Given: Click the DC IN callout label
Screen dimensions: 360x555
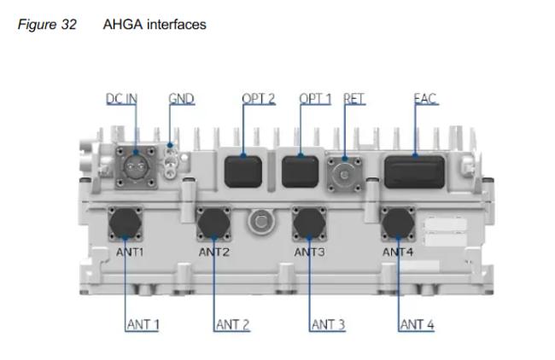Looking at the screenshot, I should (x=121, y=99).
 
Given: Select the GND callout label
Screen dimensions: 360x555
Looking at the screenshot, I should (x=181, y=99).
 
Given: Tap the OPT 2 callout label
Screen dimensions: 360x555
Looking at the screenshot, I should (x=258, y=99).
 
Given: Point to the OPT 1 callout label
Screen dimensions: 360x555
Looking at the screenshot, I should (x=315, y=99).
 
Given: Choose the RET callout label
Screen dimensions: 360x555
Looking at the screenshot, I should (x=353, y=99).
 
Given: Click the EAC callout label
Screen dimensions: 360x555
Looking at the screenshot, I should (x=424, y=99).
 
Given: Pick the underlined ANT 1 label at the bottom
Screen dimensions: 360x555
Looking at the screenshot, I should (x=143, y=324).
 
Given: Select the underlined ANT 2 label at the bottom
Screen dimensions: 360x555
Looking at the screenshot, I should (x=232, y=324).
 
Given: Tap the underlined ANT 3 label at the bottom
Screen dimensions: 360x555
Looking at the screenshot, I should (x=328, y=324).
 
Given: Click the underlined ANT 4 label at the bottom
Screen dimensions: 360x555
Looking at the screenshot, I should (x=418, y=324).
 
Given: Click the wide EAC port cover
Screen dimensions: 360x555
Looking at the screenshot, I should (x=414, y=171).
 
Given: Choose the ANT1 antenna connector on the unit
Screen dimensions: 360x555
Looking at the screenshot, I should (x=126, y=224).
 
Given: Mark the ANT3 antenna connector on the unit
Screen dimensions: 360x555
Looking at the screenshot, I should (x=310, y=224).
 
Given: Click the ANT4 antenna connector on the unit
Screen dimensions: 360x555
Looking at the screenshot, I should (x=398, y=224).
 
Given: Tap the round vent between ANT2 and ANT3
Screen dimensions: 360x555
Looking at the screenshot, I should (x=260, y=224).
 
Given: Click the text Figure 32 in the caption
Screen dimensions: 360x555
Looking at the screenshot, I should (x=46, y=25).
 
